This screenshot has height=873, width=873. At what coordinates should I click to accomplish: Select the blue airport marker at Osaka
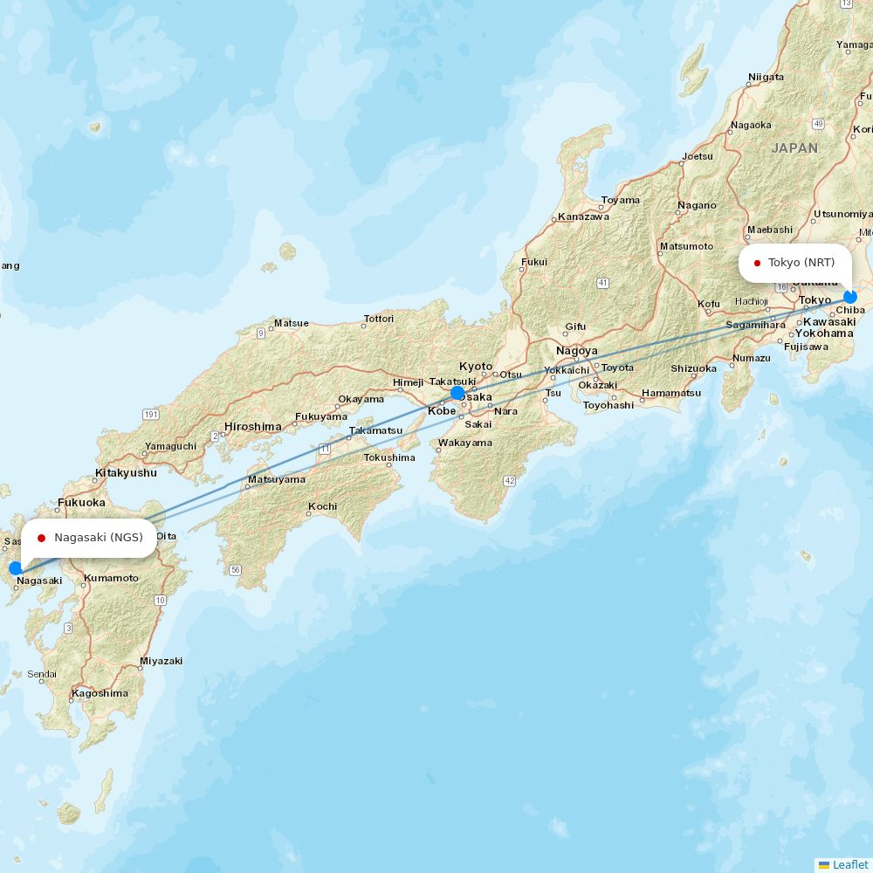[457, 393]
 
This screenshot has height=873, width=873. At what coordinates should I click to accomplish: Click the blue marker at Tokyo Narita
[850, 297]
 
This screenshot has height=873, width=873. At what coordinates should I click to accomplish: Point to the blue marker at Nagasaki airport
[15, 568]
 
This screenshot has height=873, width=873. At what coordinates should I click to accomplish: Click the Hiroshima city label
[253, 427]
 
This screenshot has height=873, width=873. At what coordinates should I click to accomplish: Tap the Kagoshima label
[100, 693]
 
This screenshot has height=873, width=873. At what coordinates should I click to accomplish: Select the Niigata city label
[766, 77]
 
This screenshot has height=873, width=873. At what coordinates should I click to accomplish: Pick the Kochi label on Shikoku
[322, 506]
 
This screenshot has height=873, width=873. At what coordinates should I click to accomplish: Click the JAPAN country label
[794, 148]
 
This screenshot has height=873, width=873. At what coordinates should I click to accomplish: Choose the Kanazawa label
[584, 217]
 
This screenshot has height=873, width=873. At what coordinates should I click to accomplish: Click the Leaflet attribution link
[849, 864]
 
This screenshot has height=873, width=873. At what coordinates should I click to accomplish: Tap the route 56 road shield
[235, 570]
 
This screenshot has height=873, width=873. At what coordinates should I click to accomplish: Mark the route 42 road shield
[510, 481]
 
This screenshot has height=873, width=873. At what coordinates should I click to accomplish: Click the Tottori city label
[379, 319]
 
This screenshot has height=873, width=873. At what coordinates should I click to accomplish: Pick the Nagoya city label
[576, 351]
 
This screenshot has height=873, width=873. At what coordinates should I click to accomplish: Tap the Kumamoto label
[111, 578]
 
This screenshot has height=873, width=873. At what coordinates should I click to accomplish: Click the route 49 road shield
[817, 124]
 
